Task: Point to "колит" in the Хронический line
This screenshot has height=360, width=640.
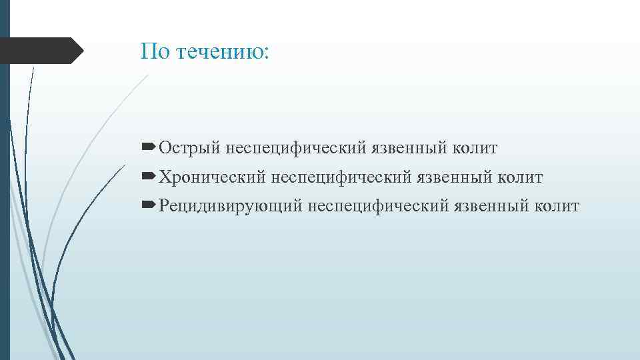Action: (522, 177)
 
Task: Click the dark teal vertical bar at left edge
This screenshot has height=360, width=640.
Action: (5, 200)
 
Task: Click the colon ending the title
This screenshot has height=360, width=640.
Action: (267, 53)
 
